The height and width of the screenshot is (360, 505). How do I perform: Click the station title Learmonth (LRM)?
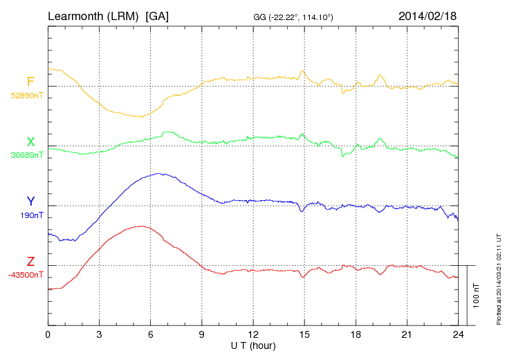(94, 15)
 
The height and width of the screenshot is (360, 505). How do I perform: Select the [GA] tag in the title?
(157, 15)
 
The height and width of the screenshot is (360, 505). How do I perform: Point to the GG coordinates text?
(294, 17)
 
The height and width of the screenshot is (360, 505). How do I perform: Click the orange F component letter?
(30, 82)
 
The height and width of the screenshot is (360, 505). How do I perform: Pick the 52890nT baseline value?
(27, 96)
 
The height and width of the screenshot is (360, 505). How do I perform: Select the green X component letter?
(30, 142)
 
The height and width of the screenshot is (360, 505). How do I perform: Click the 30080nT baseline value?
(27, 155)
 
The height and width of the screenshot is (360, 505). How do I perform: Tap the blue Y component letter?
(30, 201)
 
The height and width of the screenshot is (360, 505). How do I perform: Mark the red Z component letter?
(30, 262)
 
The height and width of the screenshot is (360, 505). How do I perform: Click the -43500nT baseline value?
(27, 275)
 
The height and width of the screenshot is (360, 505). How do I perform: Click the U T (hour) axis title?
(253, 345)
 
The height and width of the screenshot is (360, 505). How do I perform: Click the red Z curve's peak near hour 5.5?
(142, 226)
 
